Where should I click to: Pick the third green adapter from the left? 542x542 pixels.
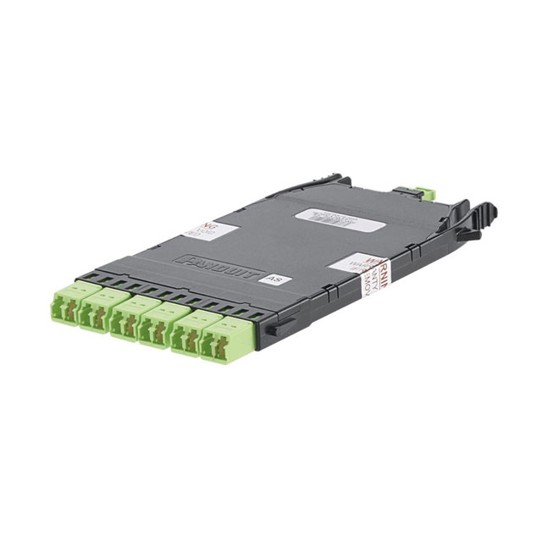[129, 316]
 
